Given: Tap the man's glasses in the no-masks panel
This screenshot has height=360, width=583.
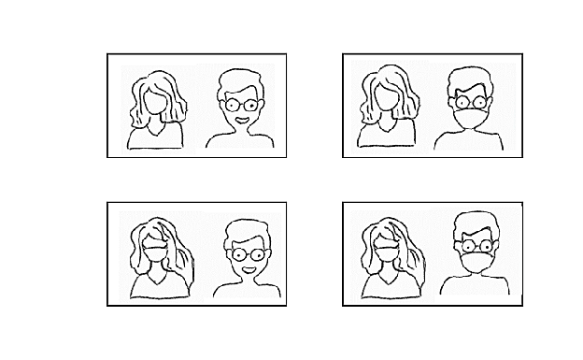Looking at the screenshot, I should point(241,104).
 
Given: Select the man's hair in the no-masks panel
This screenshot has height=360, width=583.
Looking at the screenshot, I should point(240,79).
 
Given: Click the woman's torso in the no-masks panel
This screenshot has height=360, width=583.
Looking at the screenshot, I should point(156,138).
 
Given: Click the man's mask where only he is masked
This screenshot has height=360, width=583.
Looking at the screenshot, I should point(470,119).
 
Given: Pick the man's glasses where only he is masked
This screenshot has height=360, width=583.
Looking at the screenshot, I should point(470,102).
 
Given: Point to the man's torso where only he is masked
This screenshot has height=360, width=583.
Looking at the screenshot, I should point(470,141).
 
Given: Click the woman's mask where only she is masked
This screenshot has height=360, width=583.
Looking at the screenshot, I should point(156,251).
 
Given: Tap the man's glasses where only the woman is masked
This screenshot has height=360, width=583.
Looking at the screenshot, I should point(248,253).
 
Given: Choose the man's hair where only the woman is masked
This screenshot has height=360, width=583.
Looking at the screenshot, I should point(248,230).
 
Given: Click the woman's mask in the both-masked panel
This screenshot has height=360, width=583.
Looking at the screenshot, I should point(387,250).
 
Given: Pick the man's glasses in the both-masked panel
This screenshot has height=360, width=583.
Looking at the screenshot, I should point(477,246).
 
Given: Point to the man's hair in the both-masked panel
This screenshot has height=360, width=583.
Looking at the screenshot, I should point(477,224).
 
